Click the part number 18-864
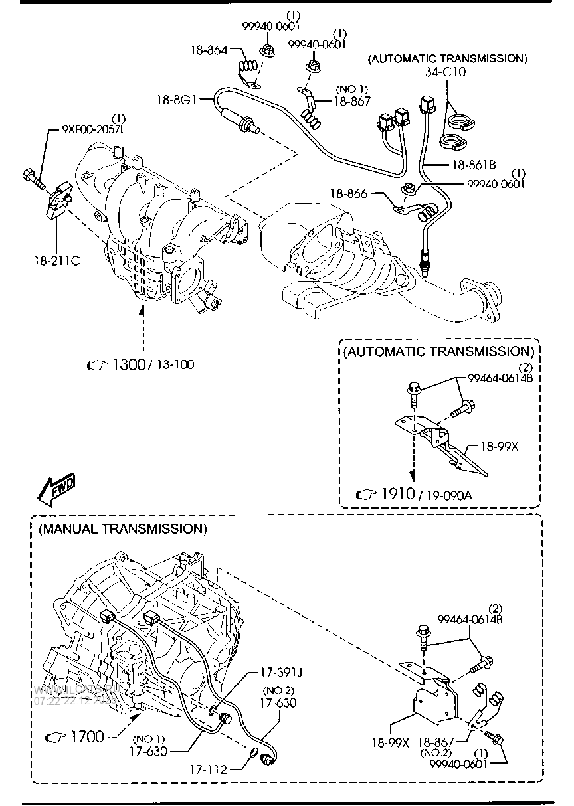pyautogui.click(x=209, y=50)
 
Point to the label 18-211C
pyautogui.click(x=58, y=260)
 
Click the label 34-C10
pyautogui.click(x=446, y=72)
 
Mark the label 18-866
pyautogui.click(x=347, y=194)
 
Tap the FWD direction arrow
pyautogui.click(x=56, y=489)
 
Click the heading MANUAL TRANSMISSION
pyautogui.click(x=123, y=529)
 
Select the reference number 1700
pyautogui.click(x=86, y=736)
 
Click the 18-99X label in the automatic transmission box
pyautogui.click(x=499, y=447)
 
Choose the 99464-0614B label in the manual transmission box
pyautogui.click(x=469, y=619)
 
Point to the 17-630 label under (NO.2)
pyautogui.click(x=279, y=703)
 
